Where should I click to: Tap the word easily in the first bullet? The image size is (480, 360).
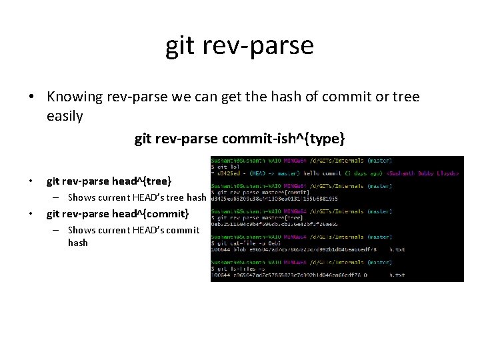pos(65,117)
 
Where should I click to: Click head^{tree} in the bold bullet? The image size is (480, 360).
pos(141,181)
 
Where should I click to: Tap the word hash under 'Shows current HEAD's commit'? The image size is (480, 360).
pos(78,243)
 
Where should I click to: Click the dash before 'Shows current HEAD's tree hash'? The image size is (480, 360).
pos(58,197)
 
